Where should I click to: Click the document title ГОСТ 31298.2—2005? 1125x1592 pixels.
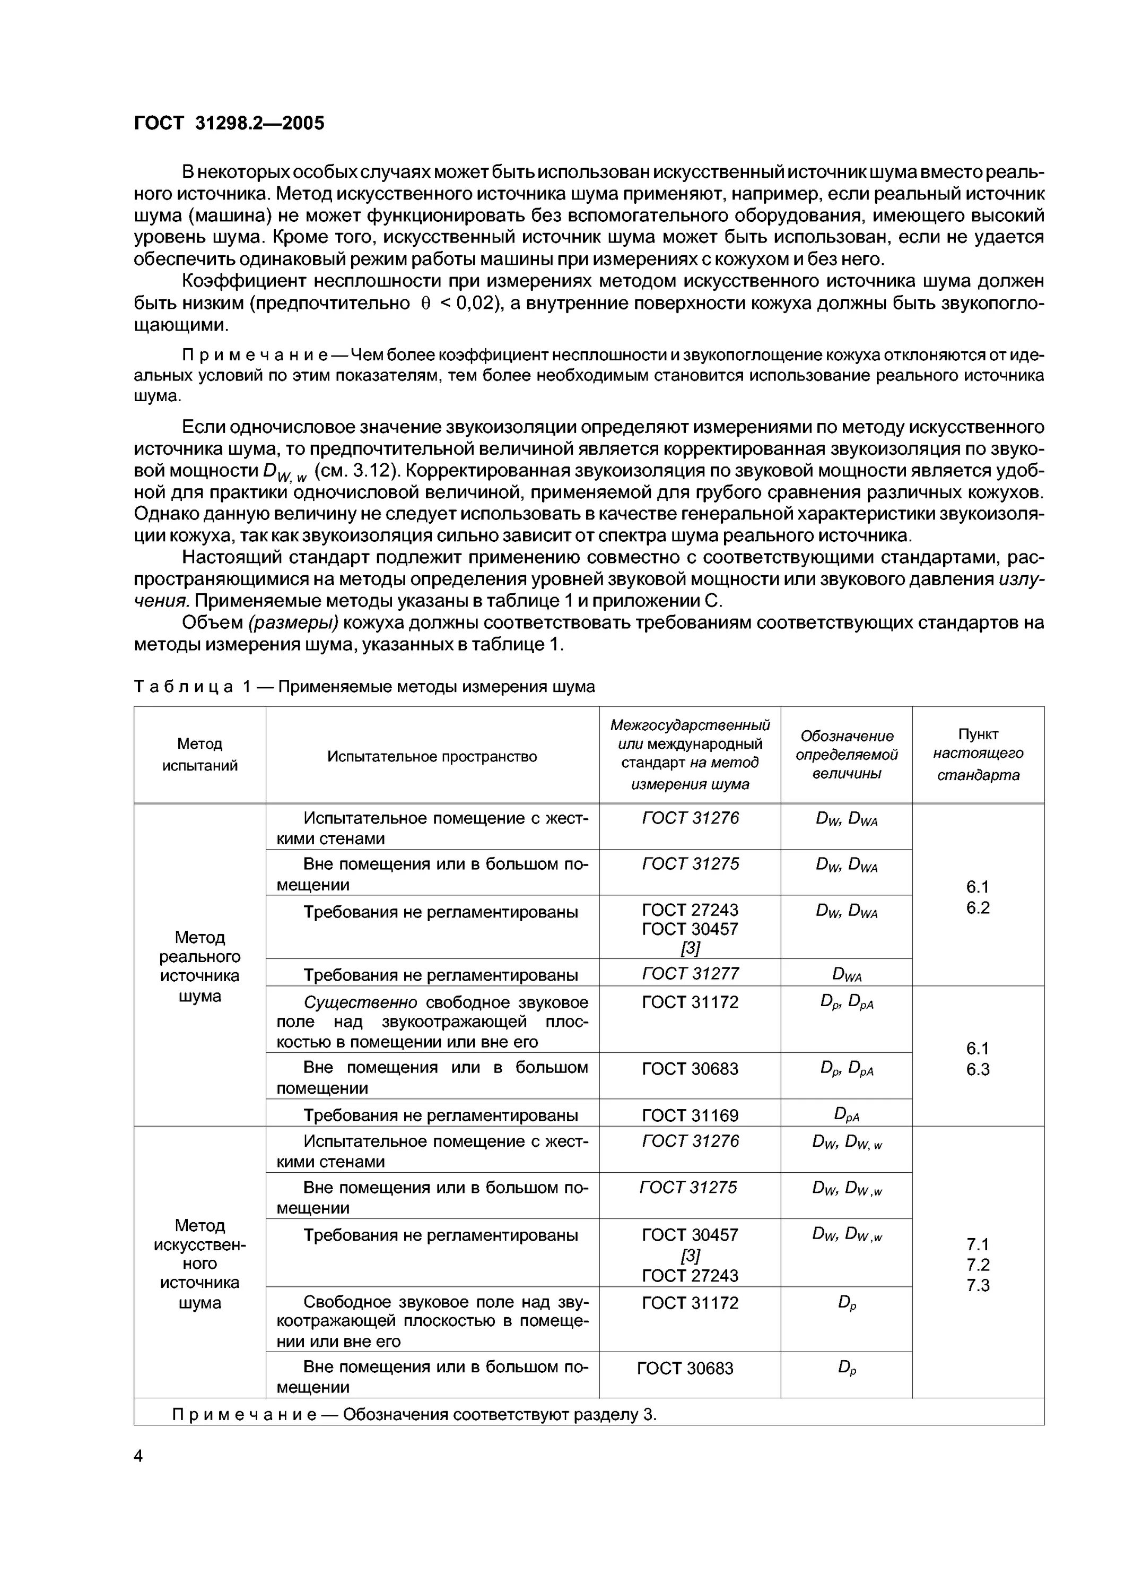(x=229, y=124)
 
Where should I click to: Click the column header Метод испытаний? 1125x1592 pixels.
(x=199, y=755)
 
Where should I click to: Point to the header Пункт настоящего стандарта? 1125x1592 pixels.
(x=978, y=755)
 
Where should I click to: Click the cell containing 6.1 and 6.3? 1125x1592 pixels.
(x=978, y=1059)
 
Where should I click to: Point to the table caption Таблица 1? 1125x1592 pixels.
(x=364, y=687)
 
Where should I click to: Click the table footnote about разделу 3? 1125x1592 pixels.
(x=414, y=1414)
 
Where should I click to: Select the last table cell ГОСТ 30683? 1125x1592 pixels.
(x=685, y=1369)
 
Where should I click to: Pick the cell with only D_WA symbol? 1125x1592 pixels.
(x=847, y=975)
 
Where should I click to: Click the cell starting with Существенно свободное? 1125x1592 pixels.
(x=432, y=1022)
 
